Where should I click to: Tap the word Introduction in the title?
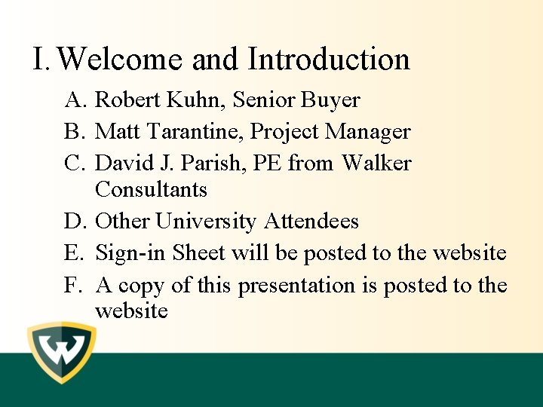click(x=329, y=60)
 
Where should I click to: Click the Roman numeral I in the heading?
click(x=40, y=60)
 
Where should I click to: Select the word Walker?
click(x=376, y=164)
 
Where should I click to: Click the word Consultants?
click(x=152, y=188)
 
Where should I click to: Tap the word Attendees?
click(x=311, y=222)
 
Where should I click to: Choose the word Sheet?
click(x=198, y=253)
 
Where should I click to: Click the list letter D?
click(x=72, y=222)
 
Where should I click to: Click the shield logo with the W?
click(x=62, y=353)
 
